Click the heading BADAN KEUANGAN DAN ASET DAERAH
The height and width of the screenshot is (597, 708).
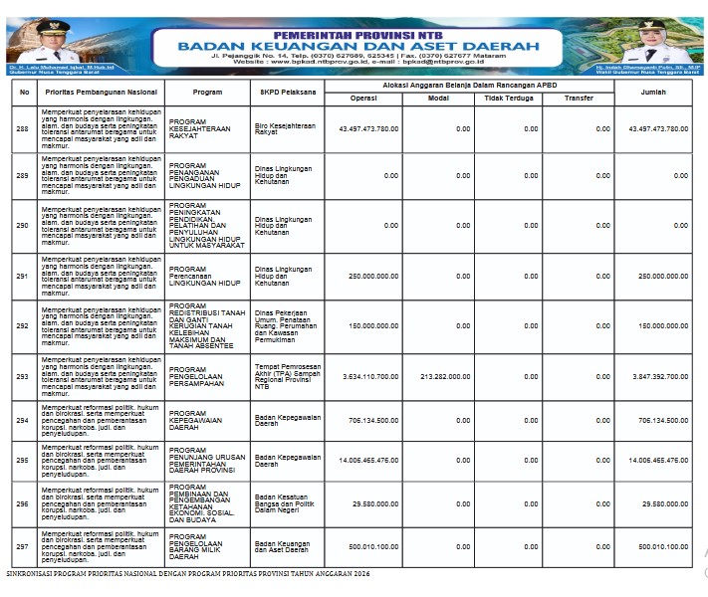(x=360, y=45)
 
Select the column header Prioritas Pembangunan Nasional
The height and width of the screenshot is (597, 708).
(x=102, y=92)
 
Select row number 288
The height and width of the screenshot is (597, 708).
(x=23, y=128)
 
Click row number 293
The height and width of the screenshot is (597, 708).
(x=23, y=377)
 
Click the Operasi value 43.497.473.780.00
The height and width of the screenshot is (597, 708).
(x=368, y=128)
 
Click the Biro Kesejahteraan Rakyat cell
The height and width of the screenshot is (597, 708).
(x=279, y=128)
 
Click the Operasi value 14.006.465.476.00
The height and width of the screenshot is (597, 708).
(x=367, y=461)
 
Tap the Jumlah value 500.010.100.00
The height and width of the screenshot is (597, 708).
(x=658, y=546)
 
